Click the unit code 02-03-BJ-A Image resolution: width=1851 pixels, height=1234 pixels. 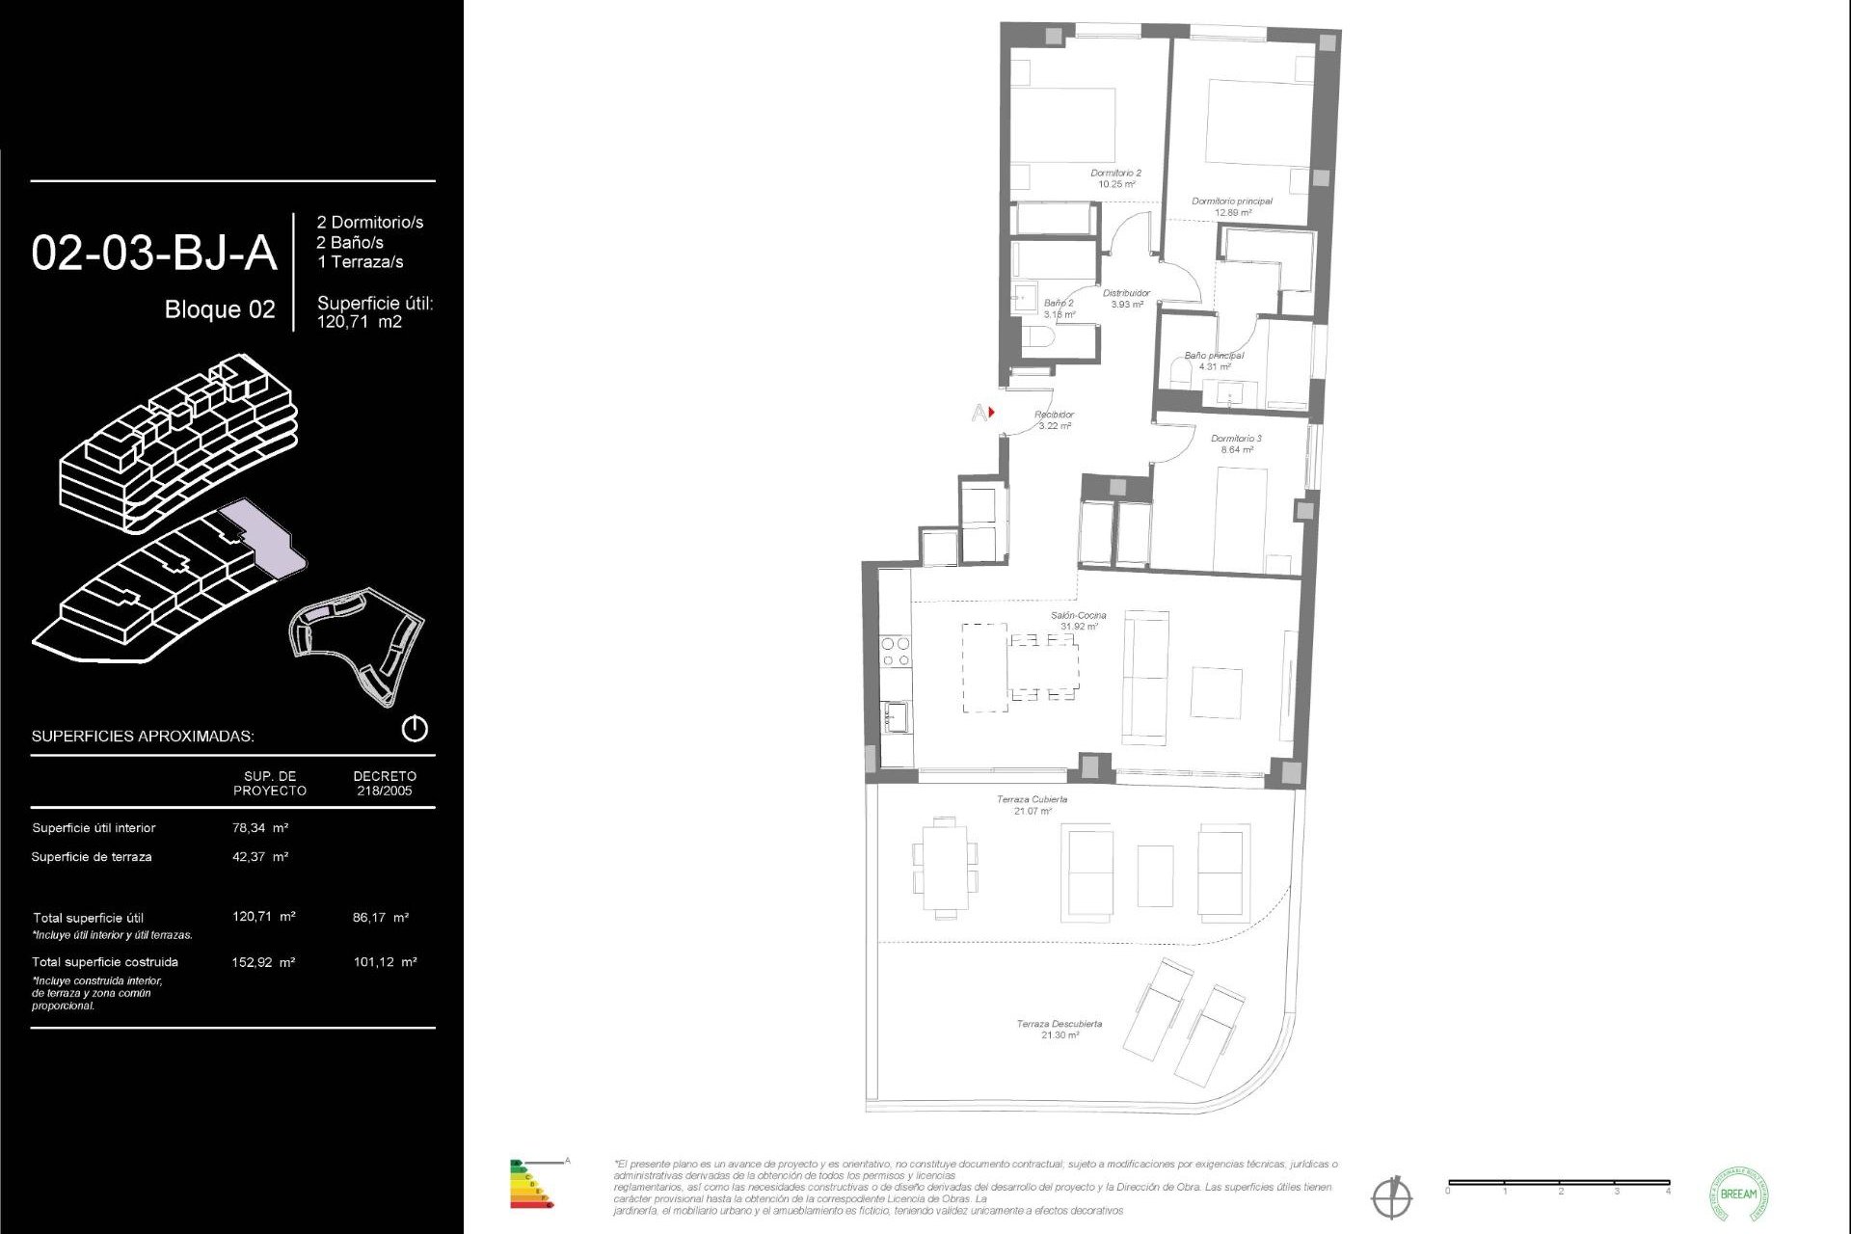pyautogui.click(x=154, y=254)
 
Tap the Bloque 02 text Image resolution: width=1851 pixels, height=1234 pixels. pyautogui.click(x=220, y=309)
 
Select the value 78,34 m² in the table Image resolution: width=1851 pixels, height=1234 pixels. pyautogui.click(x=260, y=828)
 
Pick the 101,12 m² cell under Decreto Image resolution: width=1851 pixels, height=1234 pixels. pyautogui.click(x=385, y=962)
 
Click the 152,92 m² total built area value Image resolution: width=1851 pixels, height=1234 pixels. pyautogui.click(x=263, y=962)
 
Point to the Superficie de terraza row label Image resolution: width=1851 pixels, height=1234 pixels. pyautogui.click(x=92, y=857)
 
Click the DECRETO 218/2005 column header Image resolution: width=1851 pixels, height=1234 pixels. pyautogui.click(x=385, y=783)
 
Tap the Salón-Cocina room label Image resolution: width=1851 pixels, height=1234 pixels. pyautogui.click(x=1078, y=621)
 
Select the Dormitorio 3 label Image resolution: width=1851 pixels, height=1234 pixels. pyautogui.click(x=1236, y=443)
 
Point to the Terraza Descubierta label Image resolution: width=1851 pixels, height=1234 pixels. pyautogui.click(x=1059, y=1030)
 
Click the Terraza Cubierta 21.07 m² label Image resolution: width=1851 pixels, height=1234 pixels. pyautogui.click(x=1032, y=805)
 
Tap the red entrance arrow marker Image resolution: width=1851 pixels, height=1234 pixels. pyautogui.click(x=991, y=413)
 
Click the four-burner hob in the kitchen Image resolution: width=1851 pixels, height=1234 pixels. pyautogui.click(x=896, y=652)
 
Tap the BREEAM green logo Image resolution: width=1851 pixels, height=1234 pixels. pyautogui.click(x=1738, y=1194)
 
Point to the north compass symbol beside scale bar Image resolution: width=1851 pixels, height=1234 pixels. pyautogui.click(x=1391, y=1197)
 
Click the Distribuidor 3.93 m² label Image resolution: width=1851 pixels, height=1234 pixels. pyautogui.click(x=1126, y=299)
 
